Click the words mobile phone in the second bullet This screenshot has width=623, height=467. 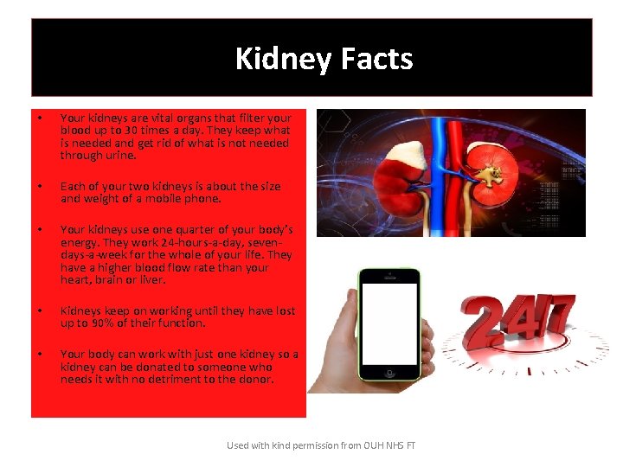click(190, 198)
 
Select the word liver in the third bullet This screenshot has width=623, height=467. click(153, 280)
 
